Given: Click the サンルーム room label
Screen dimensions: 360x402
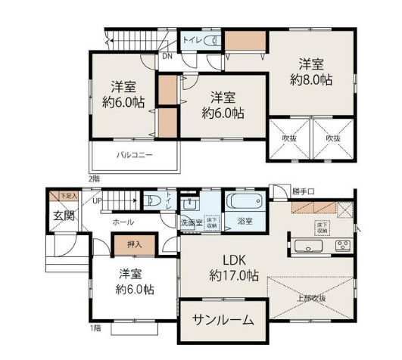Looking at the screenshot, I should (x=222, y=321).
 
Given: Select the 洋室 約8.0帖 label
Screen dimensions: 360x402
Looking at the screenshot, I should (x=311, y=71).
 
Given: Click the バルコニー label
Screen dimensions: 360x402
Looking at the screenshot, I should (x=135, y=155).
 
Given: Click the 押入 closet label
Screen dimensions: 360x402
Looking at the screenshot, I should (x=130, y=245).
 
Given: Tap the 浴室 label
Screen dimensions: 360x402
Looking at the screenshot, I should (x=244, y=222).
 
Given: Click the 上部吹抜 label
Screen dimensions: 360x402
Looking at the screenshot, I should (x=311, y=296).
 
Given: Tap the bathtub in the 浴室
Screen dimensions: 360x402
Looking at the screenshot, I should (x=243, y=203).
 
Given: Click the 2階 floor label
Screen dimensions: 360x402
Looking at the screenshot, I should (x=93, y=178).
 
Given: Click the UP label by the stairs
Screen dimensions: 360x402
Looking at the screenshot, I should (x=97, y=201).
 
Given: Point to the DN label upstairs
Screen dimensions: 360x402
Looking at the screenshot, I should (x=166, y=55).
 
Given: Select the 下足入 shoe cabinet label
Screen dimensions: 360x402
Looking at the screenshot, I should (x=68, y=195).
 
